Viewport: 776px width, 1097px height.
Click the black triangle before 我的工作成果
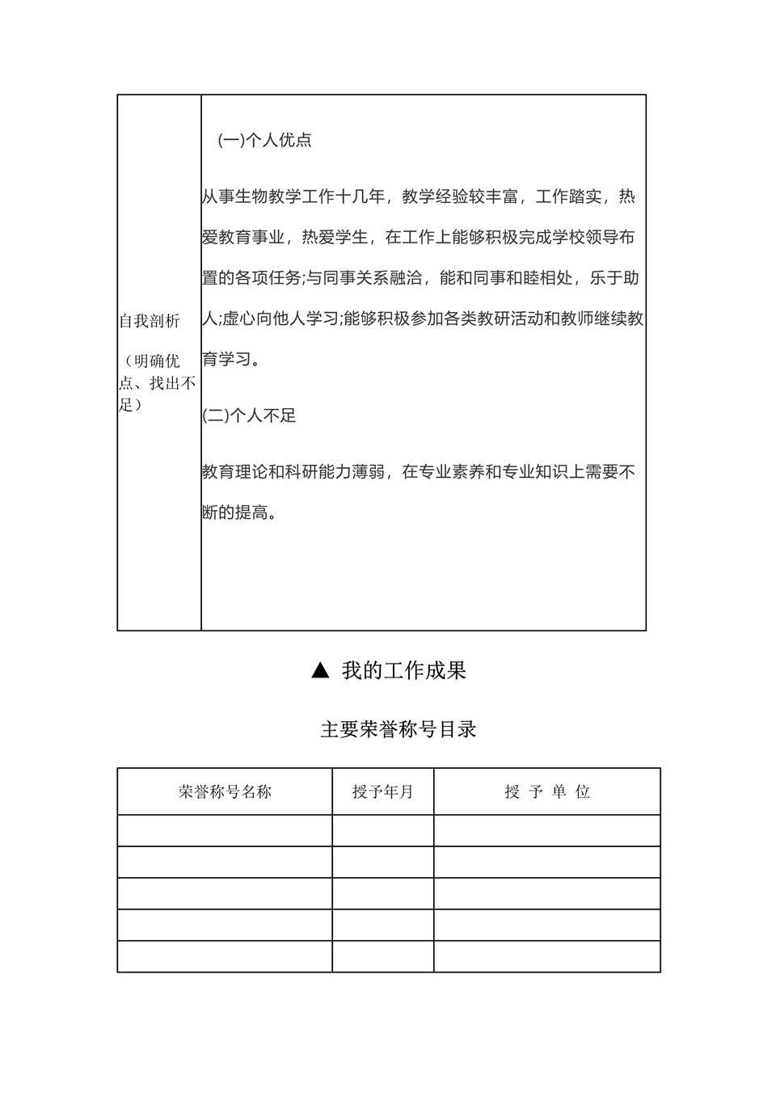pos(320,670)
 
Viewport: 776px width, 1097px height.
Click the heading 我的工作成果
pos(403,670)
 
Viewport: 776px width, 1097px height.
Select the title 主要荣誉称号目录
pos(399,729)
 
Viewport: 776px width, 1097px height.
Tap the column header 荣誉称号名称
pos(225,791)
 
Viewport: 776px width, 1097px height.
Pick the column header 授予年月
pos(382,791)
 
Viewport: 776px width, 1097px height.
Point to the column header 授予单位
pos(547,791)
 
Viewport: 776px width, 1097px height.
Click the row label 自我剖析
pos(150,321)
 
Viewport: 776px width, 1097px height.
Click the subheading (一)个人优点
pos(265,140)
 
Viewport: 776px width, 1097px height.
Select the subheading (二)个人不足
pos(249,416)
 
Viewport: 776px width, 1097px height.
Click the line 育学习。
pos(231,359)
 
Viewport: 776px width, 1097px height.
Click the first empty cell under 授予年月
pos(382,830)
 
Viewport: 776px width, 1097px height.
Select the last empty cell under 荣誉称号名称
pos(225,956)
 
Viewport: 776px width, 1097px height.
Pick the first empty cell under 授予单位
pos(547,830)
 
